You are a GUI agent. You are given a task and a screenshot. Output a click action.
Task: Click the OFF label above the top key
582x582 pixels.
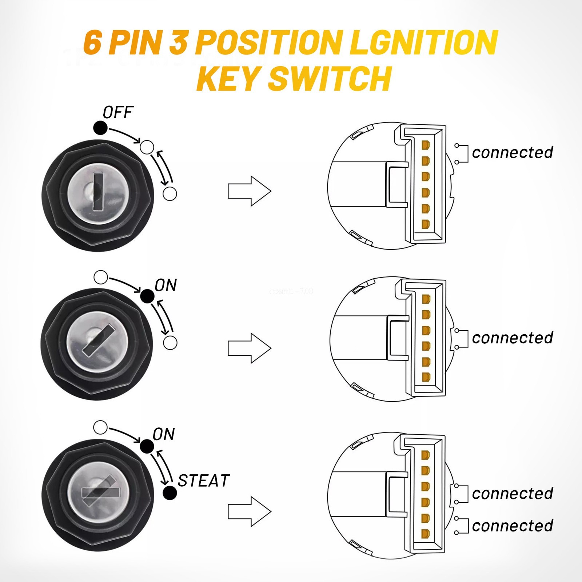(x=118, y=113)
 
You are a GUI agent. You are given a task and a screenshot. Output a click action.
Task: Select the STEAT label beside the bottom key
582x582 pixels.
(x=203, y=481)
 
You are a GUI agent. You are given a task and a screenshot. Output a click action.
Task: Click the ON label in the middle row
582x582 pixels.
(x=166, y=286)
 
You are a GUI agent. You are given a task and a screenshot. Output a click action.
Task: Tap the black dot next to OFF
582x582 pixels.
(x=100, y=128)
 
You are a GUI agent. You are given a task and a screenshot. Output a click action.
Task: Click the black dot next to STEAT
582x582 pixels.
(x=170, y=493)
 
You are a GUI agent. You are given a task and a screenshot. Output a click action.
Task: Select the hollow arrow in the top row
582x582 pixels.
(x=250, y=191)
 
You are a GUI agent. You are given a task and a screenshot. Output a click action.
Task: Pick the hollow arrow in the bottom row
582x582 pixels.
(x=250, y=511)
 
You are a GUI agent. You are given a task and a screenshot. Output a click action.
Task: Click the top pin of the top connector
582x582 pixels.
(x=425, y=145)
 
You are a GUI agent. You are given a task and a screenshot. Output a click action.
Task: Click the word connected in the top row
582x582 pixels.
(x=512, y=152)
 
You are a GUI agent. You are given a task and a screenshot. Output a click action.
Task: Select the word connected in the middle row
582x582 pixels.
(x=512, y=338)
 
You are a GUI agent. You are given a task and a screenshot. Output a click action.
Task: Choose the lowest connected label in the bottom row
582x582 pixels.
(x=512, y=526)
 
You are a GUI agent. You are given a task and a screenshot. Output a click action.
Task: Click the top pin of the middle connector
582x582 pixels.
(x=425, y=299)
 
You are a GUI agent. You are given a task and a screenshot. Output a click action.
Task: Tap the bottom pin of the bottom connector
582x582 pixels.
(x=425, y=534)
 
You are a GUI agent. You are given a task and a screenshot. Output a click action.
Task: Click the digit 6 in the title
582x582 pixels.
(x=92, y=43)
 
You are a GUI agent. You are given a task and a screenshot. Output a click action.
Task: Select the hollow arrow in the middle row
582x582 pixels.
(x=250, y=348)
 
